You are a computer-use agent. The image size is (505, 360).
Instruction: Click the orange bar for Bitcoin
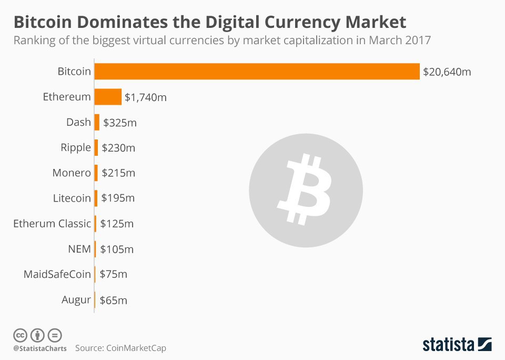[x=257, y=71]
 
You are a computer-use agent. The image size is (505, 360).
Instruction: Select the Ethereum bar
[x=108, y=97]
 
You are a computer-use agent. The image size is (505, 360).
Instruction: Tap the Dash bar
[x=97, y=122]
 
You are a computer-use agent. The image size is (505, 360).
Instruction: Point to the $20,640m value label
[x=447, y=72]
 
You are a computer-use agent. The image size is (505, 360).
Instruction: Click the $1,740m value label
[x=146, y=97]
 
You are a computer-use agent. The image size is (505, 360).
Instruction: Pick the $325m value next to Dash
[x=120, y=123]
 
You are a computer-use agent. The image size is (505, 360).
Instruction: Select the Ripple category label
[x=76, y=147]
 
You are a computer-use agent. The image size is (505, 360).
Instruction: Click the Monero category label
[x=72, y=173]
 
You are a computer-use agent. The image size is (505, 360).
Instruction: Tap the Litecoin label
[x=72, y=198]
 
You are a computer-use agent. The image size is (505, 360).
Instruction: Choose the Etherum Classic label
[x=52, y=224]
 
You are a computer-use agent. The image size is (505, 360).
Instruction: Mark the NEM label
[x=79, y=249]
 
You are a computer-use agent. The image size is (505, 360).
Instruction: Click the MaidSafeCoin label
[x=57, y=274]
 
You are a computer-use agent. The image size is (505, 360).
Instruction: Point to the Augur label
[x=76, y=300]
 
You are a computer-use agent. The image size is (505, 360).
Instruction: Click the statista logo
[x=457, y=345]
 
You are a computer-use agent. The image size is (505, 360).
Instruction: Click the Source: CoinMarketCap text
[x=124, y=348]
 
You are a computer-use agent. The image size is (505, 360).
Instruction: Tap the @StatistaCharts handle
[x=40, y=348]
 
